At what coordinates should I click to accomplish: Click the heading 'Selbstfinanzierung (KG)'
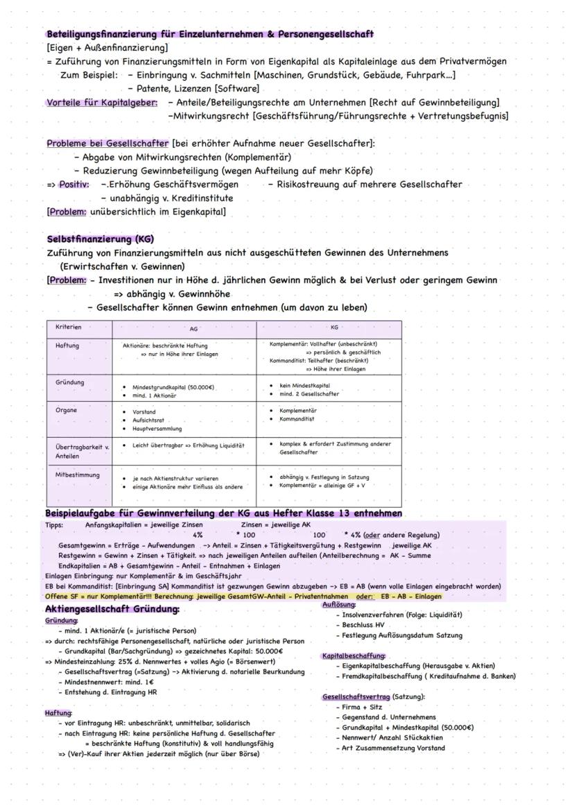[101, 239]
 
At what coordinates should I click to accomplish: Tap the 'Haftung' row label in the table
[67, 345]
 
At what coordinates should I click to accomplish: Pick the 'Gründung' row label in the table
[70, 382]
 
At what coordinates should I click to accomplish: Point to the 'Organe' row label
[67, 410]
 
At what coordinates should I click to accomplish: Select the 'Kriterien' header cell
[69, 327]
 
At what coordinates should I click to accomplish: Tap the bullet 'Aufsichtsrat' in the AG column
[148, 420]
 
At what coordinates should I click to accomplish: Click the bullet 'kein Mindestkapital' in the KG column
[305, 385]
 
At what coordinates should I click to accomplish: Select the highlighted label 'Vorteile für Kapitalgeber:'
[102, 103]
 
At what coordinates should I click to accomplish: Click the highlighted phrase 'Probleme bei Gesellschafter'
[107, 144]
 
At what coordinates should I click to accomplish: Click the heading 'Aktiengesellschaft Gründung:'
[112, 608]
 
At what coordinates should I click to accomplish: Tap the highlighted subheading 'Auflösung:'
[339, 605]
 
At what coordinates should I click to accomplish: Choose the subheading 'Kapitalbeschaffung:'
[354, 656]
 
